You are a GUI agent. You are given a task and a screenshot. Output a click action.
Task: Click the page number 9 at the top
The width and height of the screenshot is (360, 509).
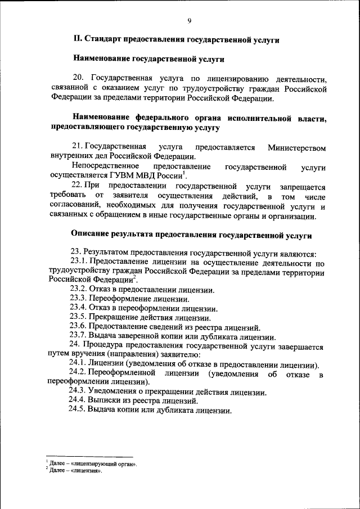pyautogui.click(x=190, y=21)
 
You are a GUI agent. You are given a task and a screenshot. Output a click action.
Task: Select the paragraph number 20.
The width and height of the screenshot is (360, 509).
pyautogui.click(x=78, y=78)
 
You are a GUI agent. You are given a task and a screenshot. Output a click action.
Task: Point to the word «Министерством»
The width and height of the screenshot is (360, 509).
pyautogui.click(x=296, y=147)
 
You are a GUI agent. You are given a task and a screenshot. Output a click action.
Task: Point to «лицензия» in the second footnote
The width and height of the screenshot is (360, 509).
pyautogui.click(x=87, y=471)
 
